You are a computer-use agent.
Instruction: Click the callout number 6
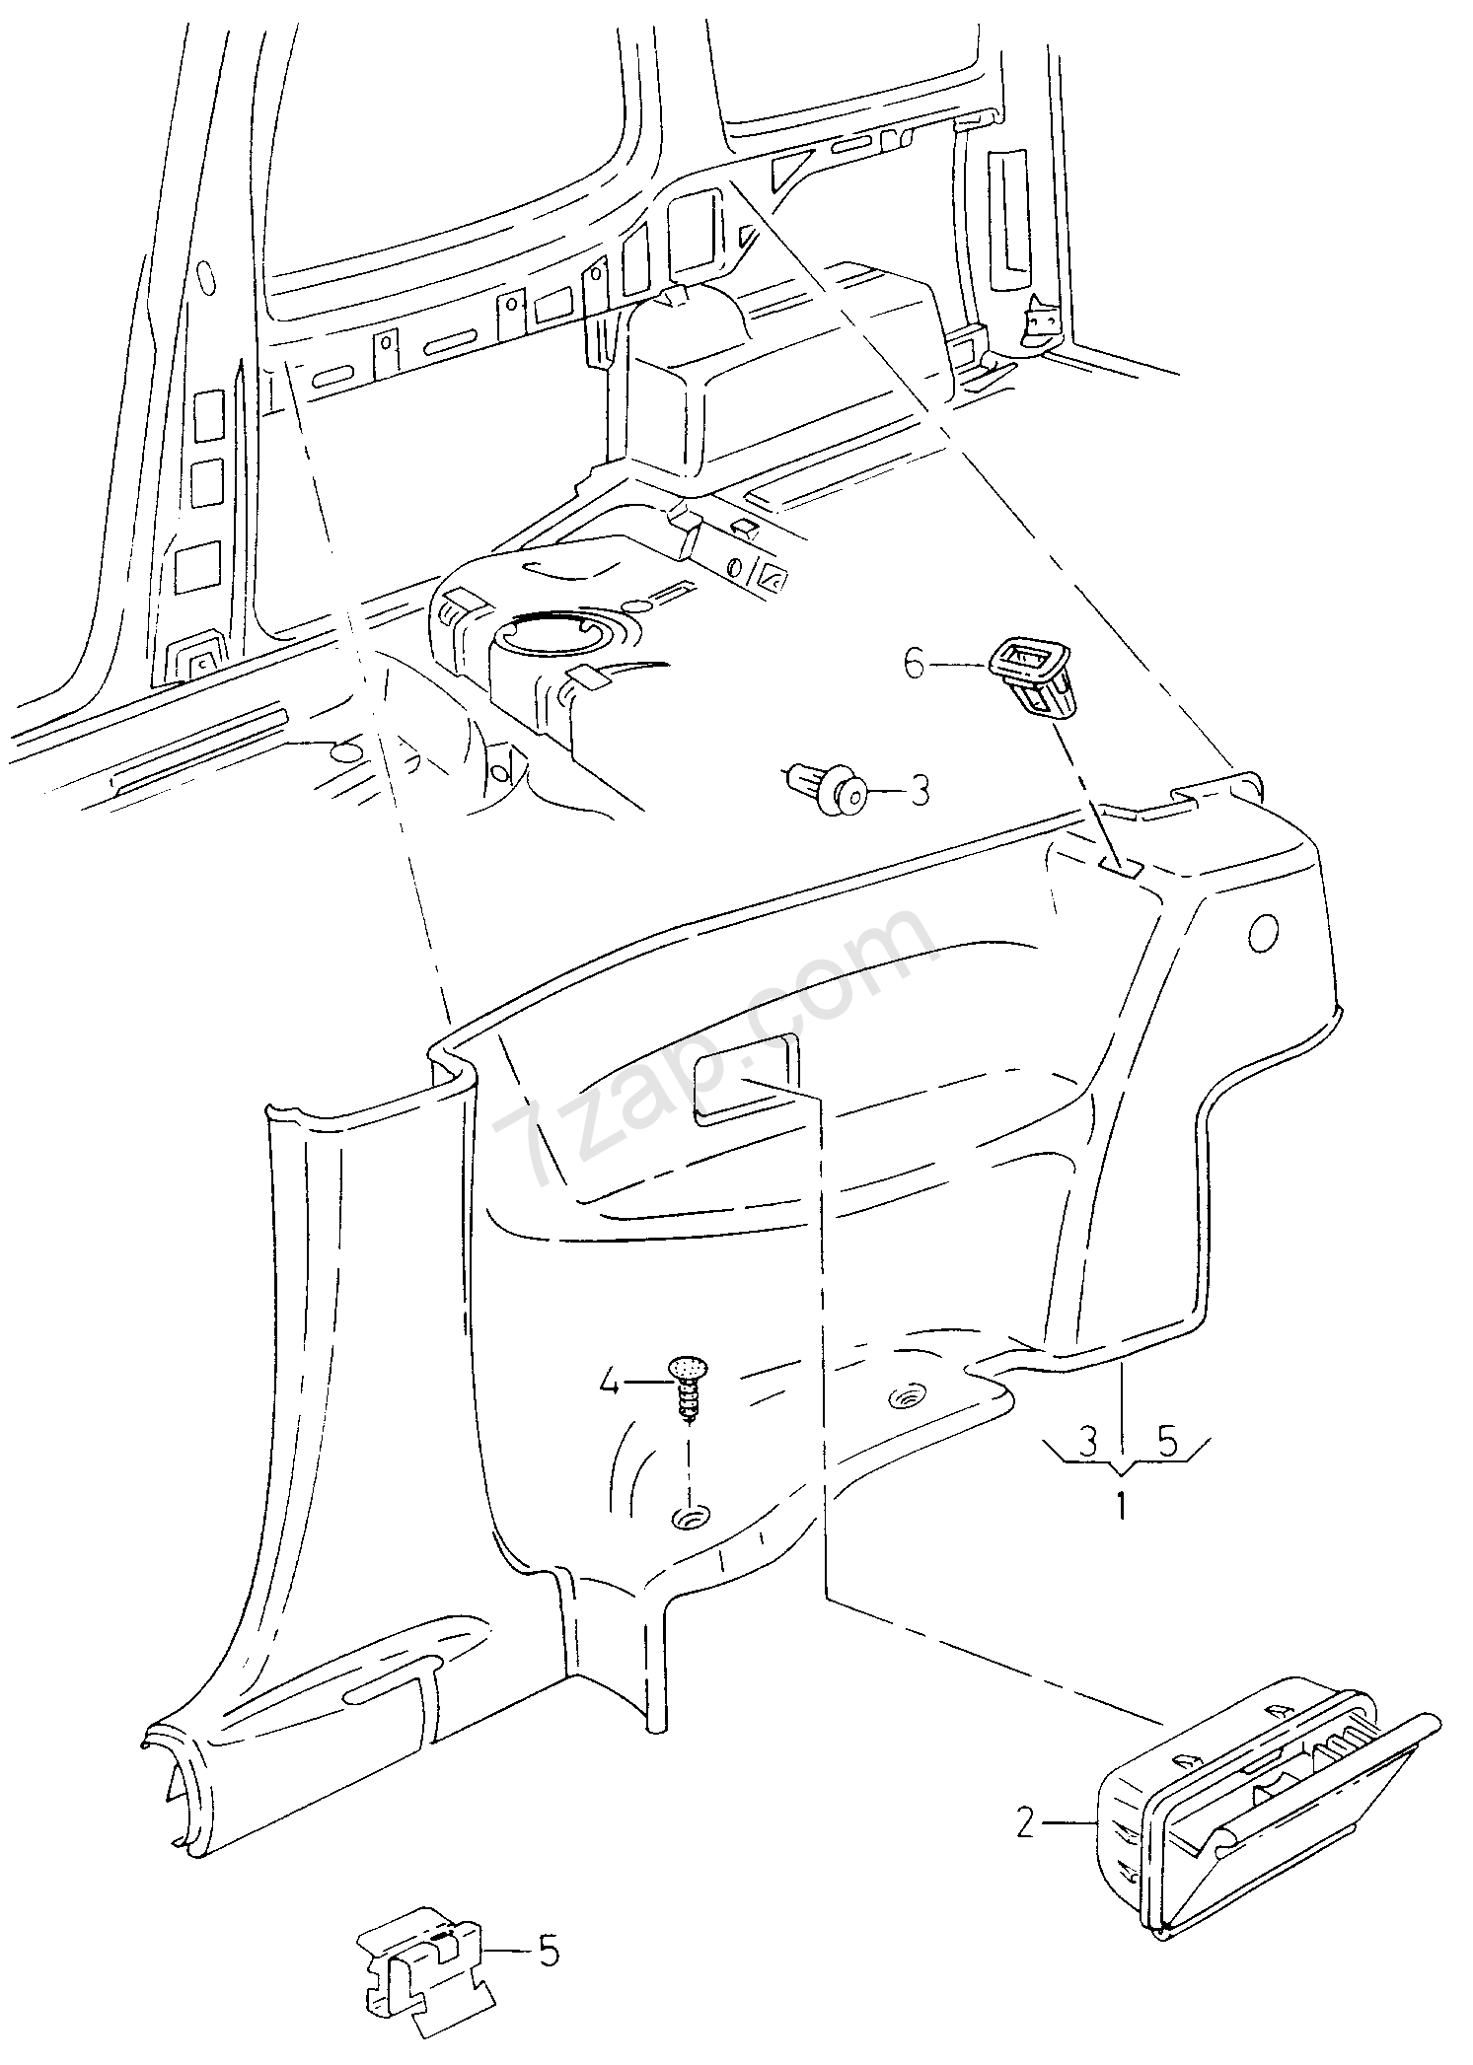point(915,666)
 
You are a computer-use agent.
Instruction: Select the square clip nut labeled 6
point(1032,676)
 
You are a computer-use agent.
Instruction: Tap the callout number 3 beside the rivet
point(919,791)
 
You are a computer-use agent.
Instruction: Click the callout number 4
point(609,1385)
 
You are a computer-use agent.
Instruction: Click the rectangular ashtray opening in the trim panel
point(747,1077)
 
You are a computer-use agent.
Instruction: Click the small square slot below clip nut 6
point(1121,867)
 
